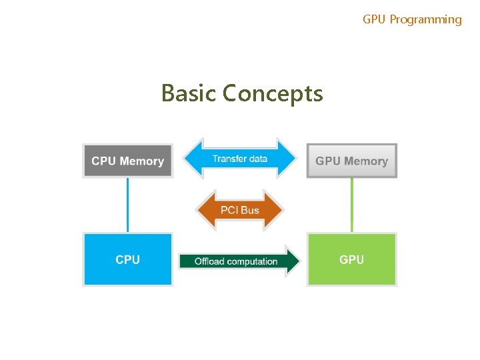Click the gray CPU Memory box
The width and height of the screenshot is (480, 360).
tap(127, 161)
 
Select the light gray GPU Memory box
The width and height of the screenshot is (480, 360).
tap(351, 161)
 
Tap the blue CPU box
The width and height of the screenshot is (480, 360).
tap(127, 259)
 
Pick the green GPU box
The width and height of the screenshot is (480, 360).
tap(351, 259)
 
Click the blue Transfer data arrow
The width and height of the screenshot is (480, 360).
tap(239, 159)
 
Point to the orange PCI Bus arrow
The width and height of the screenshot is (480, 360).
tap(239, 210)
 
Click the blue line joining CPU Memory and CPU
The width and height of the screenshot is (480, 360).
tap(127, 205)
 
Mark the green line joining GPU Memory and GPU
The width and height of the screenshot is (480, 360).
tap(352, 205)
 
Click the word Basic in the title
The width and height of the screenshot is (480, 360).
tap(189, 93)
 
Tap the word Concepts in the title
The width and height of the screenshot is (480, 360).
tap(273, 93)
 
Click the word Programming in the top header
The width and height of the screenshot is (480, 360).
tap(425, 19)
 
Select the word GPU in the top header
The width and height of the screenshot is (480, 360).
tap(374, 19)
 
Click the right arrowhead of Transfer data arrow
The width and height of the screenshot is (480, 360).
tap(288, 159)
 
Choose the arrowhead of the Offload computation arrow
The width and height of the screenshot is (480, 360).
tap(292, 261)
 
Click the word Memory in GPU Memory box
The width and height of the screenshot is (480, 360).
tap(366, 161)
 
